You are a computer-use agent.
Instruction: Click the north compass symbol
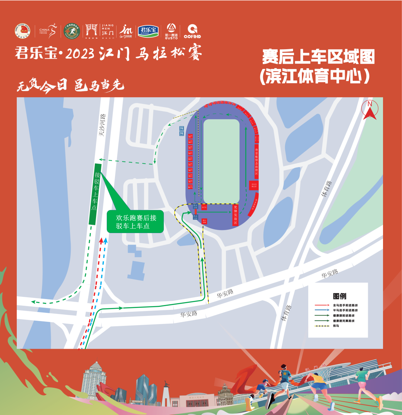[370, 110]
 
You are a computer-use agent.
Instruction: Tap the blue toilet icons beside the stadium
[182, 131]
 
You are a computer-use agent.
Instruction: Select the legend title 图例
[339, 296]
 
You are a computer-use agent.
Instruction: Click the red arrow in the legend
[322, 305]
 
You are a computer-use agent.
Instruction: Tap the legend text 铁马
[336, 326]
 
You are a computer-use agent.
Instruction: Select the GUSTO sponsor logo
[171, 31]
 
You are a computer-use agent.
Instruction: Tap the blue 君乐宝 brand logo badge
[149, 31]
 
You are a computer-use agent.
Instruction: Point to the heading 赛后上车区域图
[318, 57]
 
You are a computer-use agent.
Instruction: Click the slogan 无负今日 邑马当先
[70, 86]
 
